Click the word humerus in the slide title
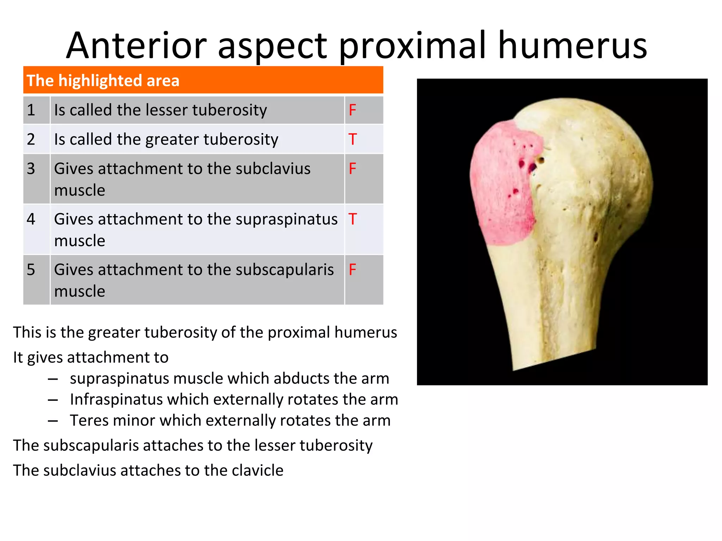pos(573,46)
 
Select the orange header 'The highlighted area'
pos(203,80)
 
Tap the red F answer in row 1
pos(353,110)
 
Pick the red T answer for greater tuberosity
pos(353,139)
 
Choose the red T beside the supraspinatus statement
pos(353,219)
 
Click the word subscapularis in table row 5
pos(284,270)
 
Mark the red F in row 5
pos(353,270)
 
